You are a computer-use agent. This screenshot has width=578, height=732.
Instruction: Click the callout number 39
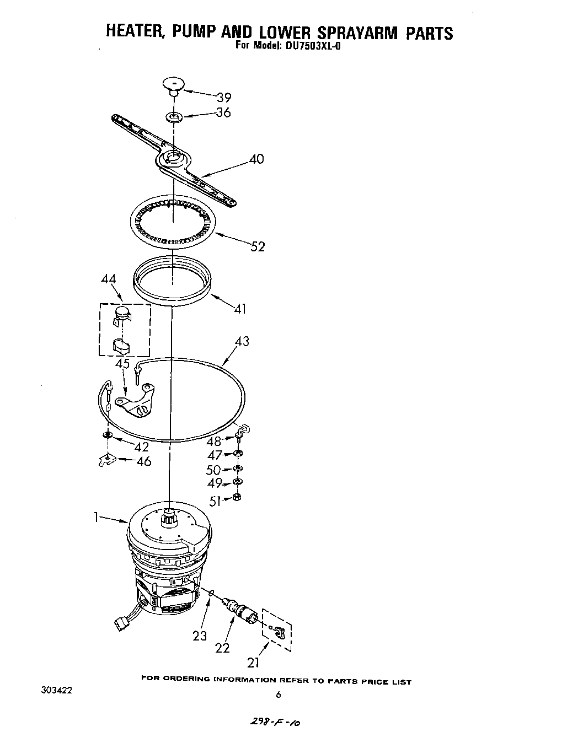point(223,98)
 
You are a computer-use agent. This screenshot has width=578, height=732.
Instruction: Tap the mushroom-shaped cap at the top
point(173,84)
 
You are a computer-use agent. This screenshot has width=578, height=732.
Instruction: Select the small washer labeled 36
point(174,117)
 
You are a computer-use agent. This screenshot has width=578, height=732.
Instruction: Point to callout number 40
point(256,159)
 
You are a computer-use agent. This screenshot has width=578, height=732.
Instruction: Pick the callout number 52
point(258,246)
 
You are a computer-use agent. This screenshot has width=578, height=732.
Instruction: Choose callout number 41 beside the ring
point(239,309)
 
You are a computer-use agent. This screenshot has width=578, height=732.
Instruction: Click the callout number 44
point(109,279)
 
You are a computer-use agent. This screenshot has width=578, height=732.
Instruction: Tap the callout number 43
point(242,341)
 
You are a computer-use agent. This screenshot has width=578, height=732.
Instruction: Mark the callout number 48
point(214,441)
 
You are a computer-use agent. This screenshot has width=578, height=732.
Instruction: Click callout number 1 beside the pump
point(96,517)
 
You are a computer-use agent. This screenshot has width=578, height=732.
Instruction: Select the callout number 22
point(222,648)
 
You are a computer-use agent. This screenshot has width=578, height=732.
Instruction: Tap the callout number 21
point(253,662)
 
